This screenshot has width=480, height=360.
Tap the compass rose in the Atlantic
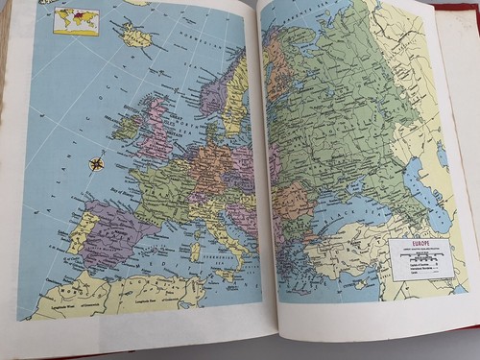click(97, 163)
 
